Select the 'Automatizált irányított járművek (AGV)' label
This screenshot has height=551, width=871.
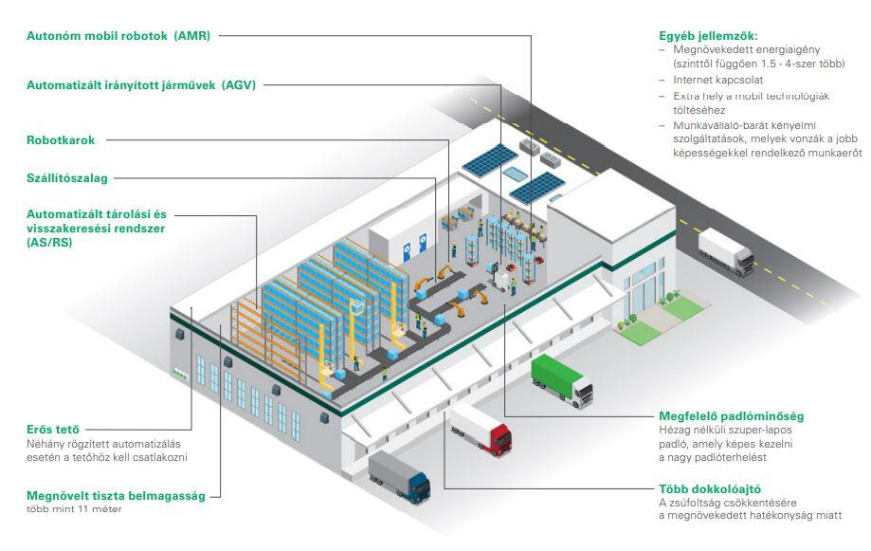[141, 85]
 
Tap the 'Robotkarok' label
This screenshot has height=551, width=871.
[61, 140]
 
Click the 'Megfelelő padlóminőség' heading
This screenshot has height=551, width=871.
[731, 416]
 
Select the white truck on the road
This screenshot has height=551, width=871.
[727, 251]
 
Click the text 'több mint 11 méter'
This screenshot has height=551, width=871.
[75, 509]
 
